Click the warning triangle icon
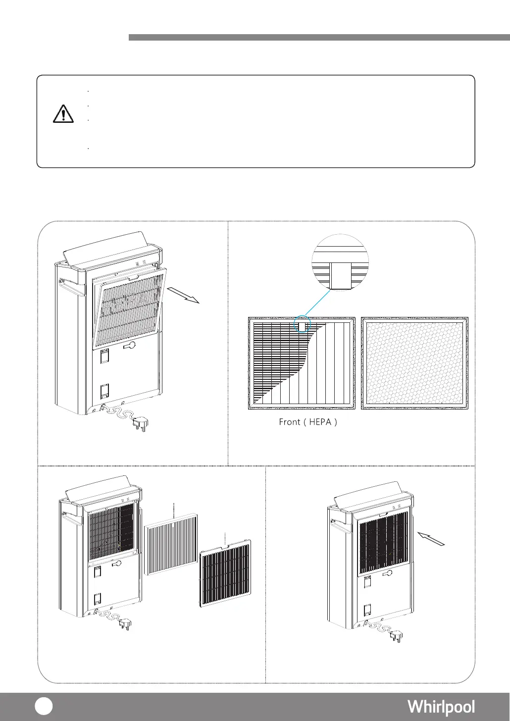[63, 114]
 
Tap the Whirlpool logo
[441, 707]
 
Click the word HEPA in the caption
[322, 422]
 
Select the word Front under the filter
[290, 422]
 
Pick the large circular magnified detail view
[340, 262]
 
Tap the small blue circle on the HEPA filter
[302, 325]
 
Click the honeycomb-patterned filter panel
[415, 363]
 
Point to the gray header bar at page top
[319, 37]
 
